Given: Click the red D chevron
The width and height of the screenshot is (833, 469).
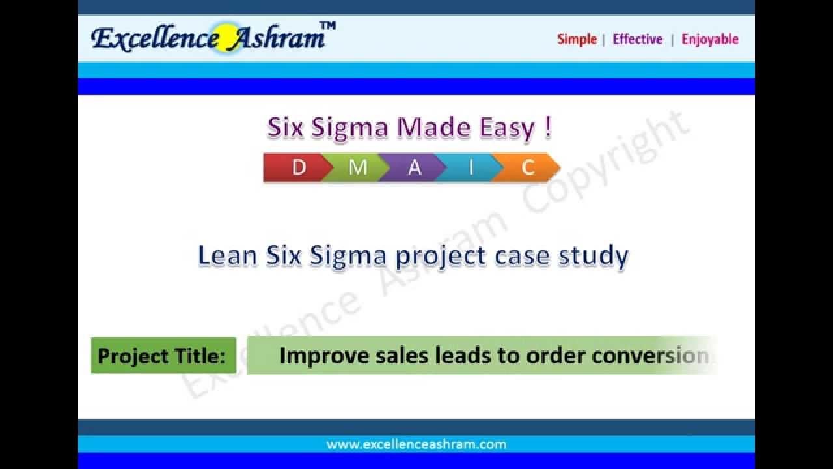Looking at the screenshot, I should pyautogui.click(x=296, y=167).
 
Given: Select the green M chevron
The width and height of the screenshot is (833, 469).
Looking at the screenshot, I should pyautogui.click(x=357, y=167).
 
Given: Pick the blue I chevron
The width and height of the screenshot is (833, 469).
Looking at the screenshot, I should pyautogui.click(x=471, y=167).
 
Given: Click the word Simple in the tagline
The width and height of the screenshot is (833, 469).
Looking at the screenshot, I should pyautogui.click(x=577, y=39).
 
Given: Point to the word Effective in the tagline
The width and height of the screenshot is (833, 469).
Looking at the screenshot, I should pyautogui.click(x=638, y=39).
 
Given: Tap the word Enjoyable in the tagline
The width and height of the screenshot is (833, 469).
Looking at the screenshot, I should pyautogui.click(x=710, y=39).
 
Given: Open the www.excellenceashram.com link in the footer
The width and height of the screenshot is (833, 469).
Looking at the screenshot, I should pyautogui.click(x=416, y=444).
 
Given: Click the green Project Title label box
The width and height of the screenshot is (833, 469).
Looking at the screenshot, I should pyautogui.click(x=163, y=356).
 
